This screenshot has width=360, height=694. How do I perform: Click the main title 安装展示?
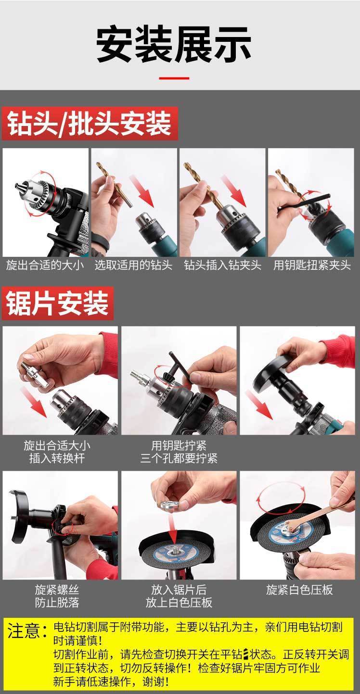[x=174, y=45]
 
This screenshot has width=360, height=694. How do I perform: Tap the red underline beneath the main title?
[x=174, y=78]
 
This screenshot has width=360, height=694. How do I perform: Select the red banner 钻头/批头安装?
[x=90, y=124]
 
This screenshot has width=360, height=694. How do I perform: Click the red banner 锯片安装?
[x=58, y=303]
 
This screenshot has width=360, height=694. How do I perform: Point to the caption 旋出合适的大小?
[x=45, y=265]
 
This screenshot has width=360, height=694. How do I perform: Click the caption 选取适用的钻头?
[x=133, y=265]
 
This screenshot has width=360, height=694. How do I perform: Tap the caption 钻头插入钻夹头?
[x=222, y=265]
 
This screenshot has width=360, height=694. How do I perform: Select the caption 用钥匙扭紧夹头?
[x=311, y=265]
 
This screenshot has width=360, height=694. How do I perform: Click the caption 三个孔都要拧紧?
[x=179, y=458]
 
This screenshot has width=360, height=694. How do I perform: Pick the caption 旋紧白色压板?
[x=299, y=590]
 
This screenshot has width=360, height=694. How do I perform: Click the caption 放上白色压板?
[x=179, y=603]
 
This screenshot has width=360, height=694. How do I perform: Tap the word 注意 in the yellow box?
[x=24, y=631]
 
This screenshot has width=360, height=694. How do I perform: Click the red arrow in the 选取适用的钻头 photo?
[x=142, y=191]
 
